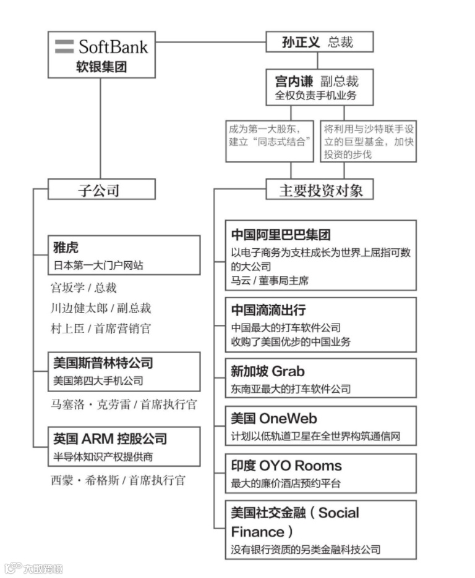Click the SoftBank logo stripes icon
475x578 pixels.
coord(64,47)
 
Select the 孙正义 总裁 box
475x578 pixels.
coord(320,42)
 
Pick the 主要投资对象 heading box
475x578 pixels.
coord(320,190)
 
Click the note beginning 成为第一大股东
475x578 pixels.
coord(269,141)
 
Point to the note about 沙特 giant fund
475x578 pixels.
coord(369,141)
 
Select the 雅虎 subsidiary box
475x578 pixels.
coord(124,255)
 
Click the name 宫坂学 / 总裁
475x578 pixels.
coord(83,288)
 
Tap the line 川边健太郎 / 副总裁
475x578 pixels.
coord(101,308)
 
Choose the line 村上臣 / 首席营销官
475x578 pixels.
coord(100,329)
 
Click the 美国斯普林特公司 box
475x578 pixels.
coord(124,371)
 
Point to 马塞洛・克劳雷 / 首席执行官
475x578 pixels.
coord(124,405)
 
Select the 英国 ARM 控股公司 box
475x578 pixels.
coord(124,446)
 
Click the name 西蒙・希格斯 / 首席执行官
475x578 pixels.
coord(118,480)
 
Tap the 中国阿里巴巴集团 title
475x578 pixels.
coord(281,235)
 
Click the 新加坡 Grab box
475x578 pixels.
coord(321,379)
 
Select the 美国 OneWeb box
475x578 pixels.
coord(321,426)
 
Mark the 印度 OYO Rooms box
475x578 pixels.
coord(321,473)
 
